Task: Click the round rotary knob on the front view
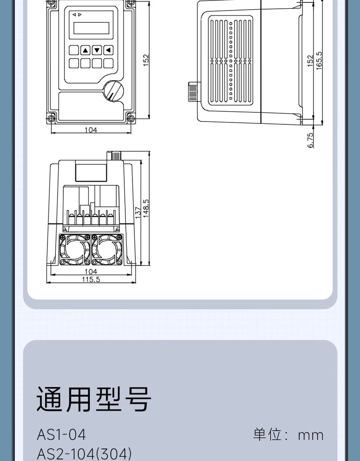(113, 91)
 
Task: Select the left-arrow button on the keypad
(108, 50)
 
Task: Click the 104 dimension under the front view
(91, 130)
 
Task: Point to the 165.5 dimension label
(319, 61)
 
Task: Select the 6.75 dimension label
(310, 140)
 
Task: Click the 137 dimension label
(138, 212)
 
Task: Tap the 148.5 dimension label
(146, 208)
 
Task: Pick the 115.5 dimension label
(91, 279)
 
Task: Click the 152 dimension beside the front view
(146, 60)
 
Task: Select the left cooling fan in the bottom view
(74, 250)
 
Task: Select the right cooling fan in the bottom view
(107, 250)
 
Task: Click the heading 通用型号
(94, 399)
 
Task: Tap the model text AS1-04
(61, 435)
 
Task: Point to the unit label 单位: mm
(288, 435)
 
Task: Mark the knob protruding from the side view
(194, 91)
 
